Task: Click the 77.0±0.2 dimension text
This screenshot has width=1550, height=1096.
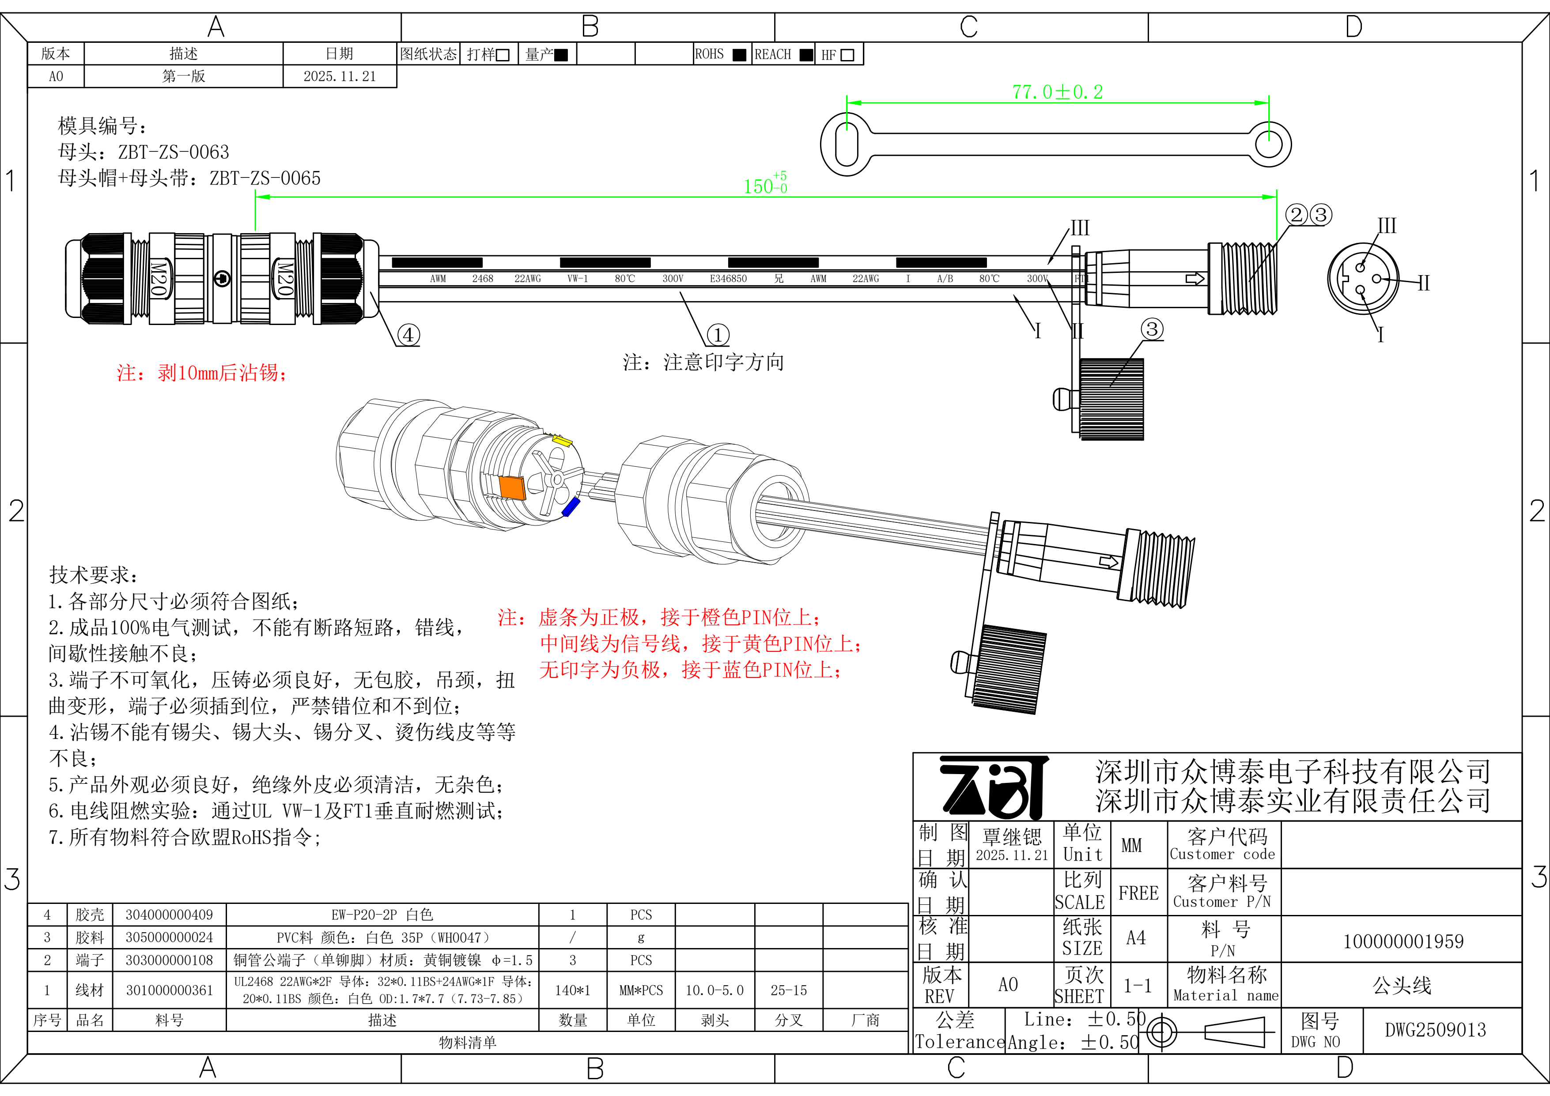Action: pyautogui.click(x=1057, y=92)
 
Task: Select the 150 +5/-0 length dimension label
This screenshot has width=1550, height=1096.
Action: pyautogui.click(x=764, y=185)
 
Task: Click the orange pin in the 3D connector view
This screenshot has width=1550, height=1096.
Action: pyautogui.click(x=512, y=487)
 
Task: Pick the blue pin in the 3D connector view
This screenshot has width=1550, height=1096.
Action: pyautogui.click(x=571, y=507)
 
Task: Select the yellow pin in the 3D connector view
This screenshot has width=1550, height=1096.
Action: pyautogui.click(x=562, y=441)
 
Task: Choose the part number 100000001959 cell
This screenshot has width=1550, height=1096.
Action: pyautogui.click(x=1403, y=941)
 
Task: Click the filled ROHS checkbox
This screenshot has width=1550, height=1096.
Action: pyautogui.click(x=739, y=55)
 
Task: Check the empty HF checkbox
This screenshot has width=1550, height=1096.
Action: pyautogui.click(x=848, y=55)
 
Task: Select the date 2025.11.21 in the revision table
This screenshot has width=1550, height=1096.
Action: pyautogui.click(x=340, y=76)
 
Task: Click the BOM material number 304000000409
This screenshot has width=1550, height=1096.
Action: pyautogui.click(x=169, y=915)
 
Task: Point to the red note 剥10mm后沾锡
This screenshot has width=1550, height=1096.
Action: pyautogui.click(x=203, y=373)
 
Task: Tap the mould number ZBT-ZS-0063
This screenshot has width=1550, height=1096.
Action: pyautogui.click(x=174, y=152)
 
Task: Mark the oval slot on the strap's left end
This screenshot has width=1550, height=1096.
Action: pyautogui.click(x=846, y=144)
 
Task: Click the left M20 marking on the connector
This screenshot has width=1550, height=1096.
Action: pyautogui.click(x=158, y=278)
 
